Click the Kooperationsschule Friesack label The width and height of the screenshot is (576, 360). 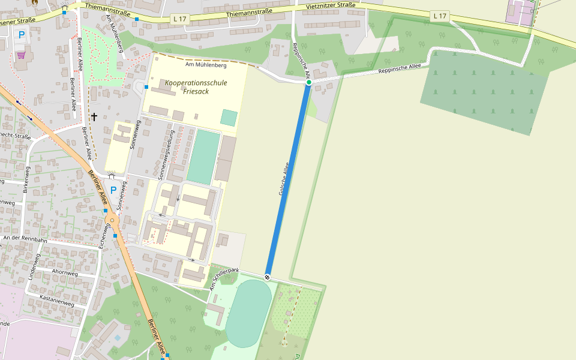tap(196, 87)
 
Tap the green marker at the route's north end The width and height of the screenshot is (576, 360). tap(308, 82)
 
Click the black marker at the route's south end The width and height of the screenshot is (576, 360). tap(267, 277)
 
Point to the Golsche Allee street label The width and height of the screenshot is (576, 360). tap(284, 179)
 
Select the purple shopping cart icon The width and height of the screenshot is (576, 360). tap(22, 55)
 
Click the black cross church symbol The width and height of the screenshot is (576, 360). tap(94, 116)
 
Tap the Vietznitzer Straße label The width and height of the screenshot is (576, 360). tap(330, 6)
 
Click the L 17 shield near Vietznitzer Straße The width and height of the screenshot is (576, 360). tap(439, 16)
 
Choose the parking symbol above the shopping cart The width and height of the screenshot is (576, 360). tap(22, 35)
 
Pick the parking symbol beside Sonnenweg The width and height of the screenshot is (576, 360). tap(113, 190)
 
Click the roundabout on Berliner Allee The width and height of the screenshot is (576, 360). tap(112, 221)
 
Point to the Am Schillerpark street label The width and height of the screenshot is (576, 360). tap(224, 280)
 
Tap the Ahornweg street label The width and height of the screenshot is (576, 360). tap(65, 273)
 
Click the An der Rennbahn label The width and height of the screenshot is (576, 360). tap(25, 239)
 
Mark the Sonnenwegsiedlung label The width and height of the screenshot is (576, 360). tap(166, 155)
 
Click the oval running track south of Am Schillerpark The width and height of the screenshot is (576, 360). tap(248, 313)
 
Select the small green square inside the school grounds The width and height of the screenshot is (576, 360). tap(229, 117)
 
